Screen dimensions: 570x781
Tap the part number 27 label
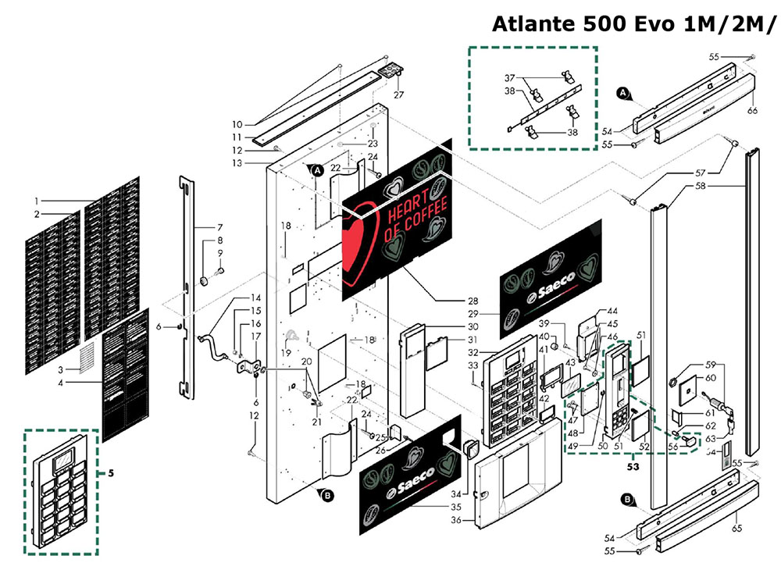pyautogui.click(x=398, y=95)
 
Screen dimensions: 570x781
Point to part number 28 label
pyautogui.click(x=472, y=301)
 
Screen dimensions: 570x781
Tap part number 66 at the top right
pyautogui.click(x=752, y=110)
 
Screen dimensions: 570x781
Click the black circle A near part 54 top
pyautogui.click(x=623, y=94)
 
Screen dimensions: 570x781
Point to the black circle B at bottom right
pyautogui.click(x=626, y=500)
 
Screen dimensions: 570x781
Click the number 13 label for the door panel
pyautogui.click(x=237, y=163)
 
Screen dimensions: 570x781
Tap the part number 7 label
pyautogui.click(x=220, y=227)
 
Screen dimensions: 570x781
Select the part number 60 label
pyautogui.click(x=711, y=378)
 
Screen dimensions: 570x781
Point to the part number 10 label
pyautogui.click(x=237, y=125)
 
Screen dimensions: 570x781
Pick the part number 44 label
pyautogui.click(x=612, y=311)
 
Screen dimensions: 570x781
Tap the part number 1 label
pyautogui.click(x=36, y=201)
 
